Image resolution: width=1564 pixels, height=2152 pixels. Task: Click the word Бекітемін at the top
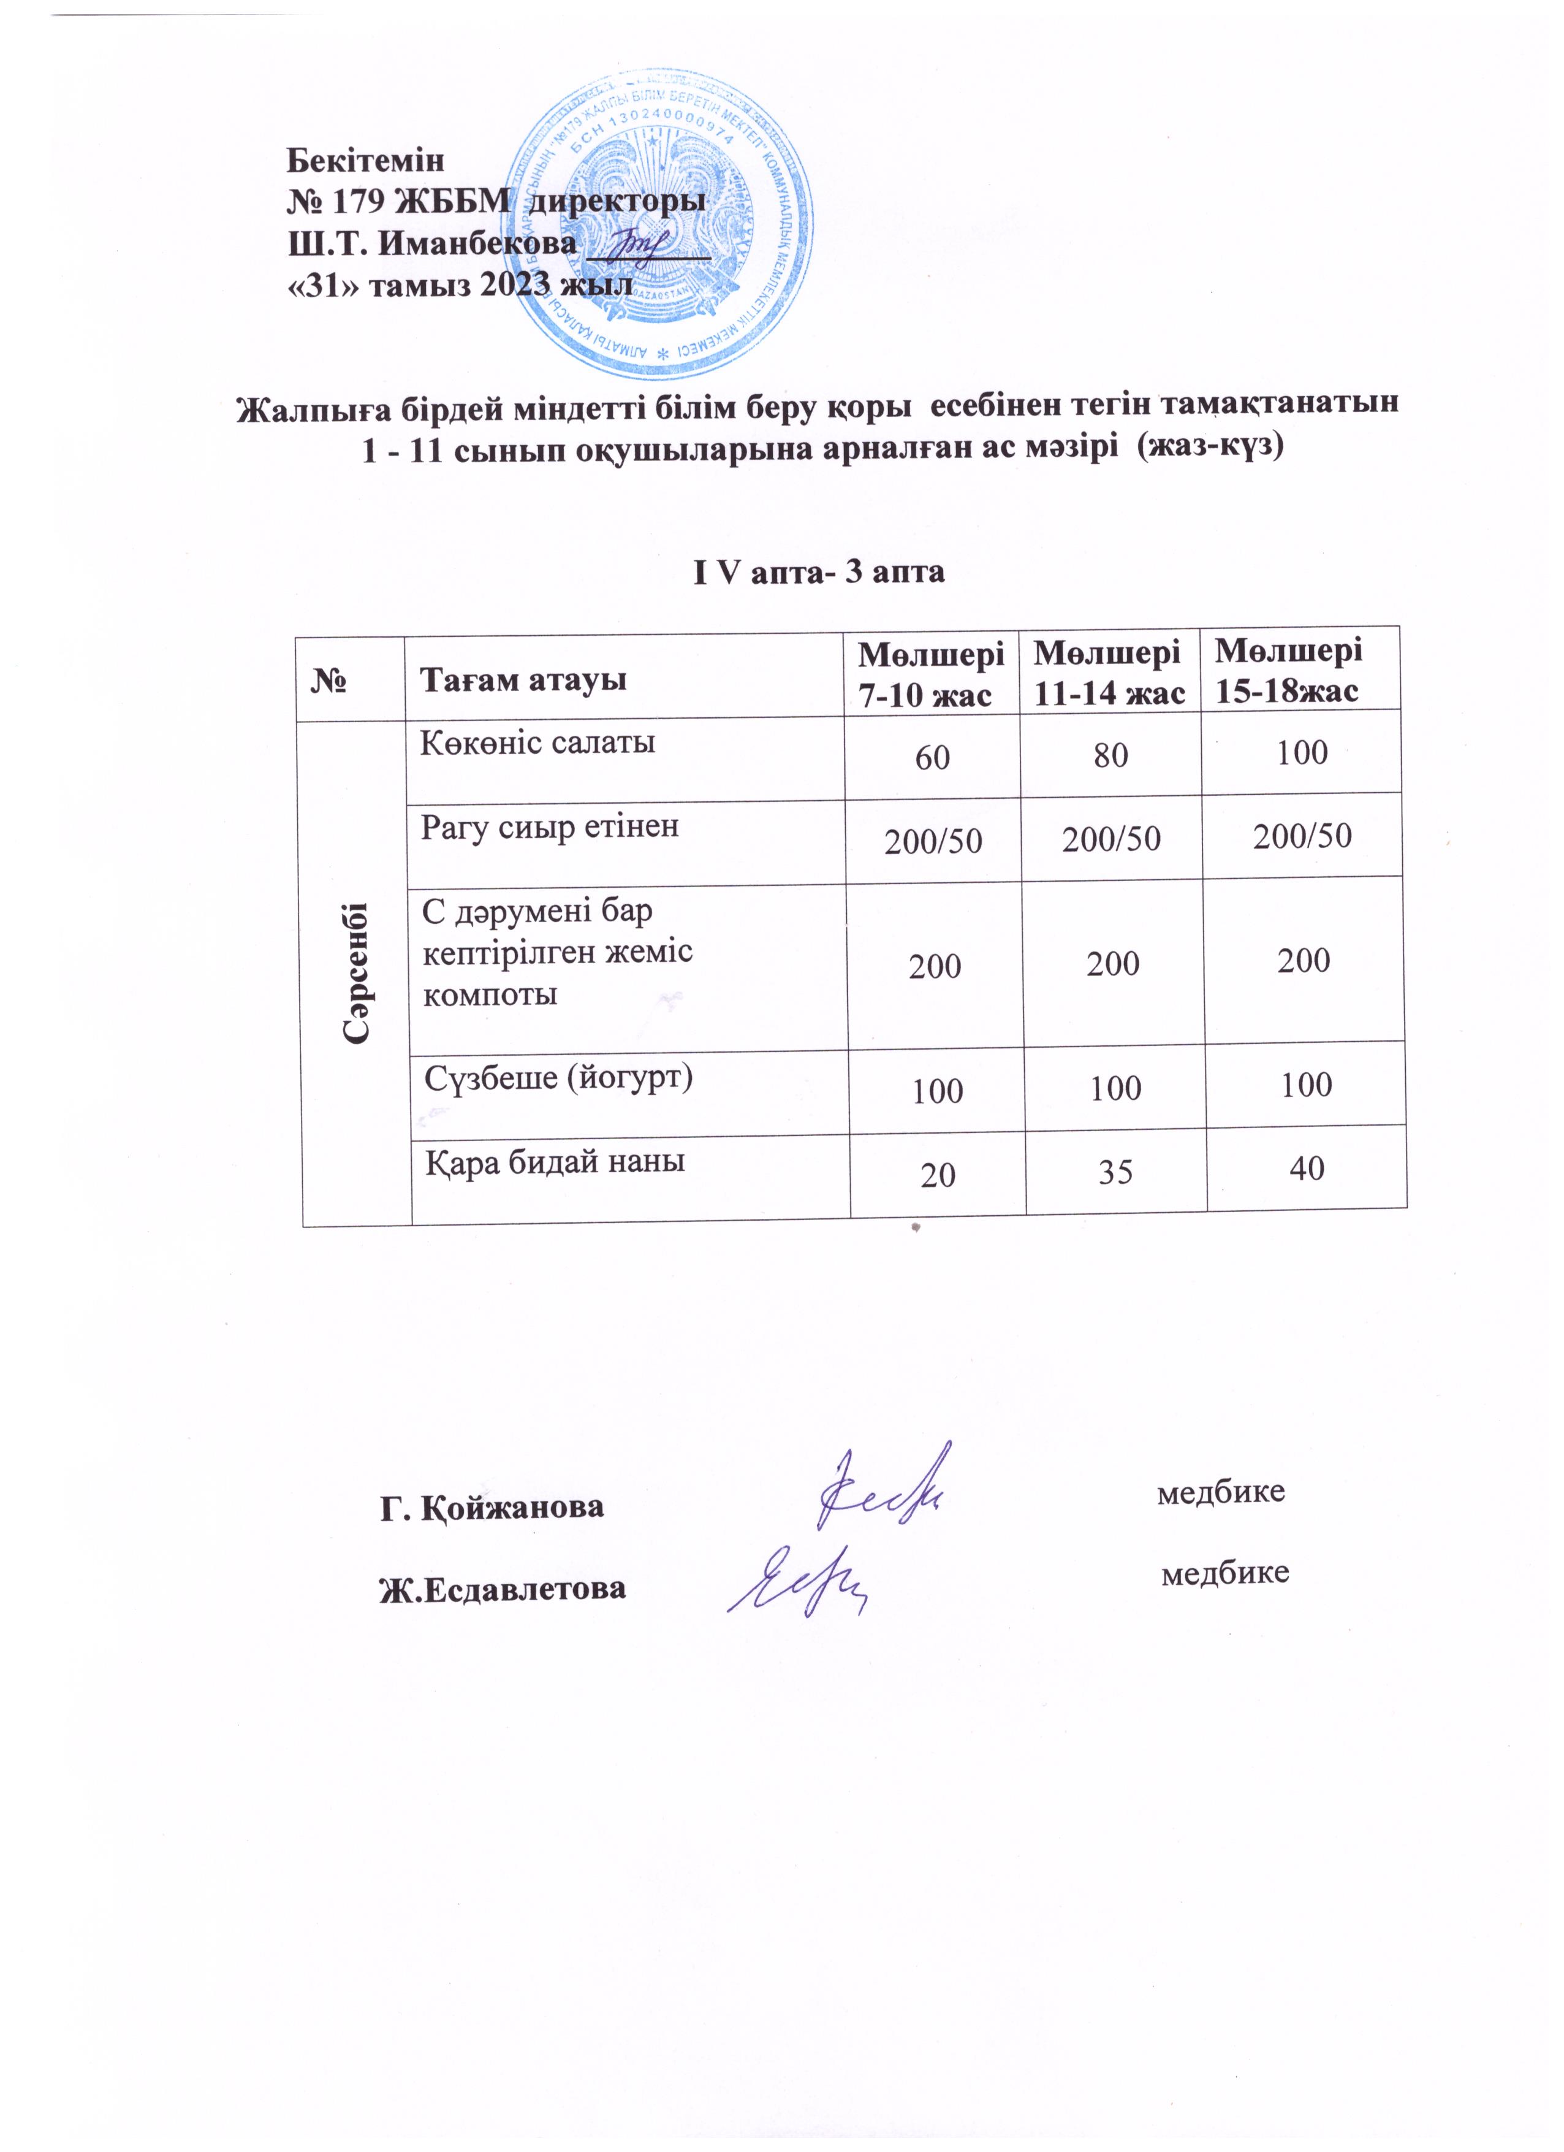pos(365,159)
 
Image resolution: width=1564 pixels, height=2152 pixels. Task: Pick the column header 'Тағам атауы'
pos(523,679)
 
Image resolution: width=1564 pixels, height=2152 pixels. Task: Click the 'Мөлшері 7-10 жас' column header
pos(932,674)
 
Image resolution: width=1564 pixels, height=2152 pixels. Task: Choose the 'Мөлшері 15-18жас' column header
pos(1289,670)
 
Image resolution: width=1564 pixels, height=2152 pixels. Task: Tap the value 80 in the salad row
pos(1110,756)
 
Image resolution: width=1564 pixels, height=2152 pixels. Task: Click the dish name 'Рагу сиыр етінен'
pos(550,826)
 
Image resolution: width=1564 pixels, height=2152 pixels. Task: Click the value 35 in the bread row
pos(1115,1173)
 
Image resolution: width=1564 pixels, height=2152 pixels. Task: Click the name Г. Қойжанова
pos(492,1507)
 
